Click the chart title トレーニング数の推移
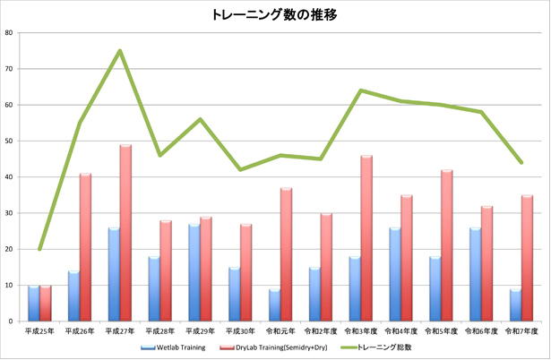[x=275, y=15]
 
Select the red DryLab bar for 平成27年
[x=125, y=233]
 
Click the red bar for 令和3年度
[x=366, y=238]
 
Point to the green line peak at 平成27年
[x=119, y=51]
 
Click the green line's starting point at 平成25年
[x=39, y=249]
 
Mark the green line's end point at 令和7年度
[x=520, y=162]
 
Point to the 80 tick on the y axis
[x=9, y=33]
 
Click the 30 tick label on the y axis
[x=9, y=213]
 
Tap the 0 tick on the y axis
[x=11, y=321]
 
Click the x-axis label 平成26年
[x=80, y=332]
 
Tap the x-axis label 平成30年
[x=239, y=332]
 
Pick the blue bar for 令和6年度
[x=474, y=274]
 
